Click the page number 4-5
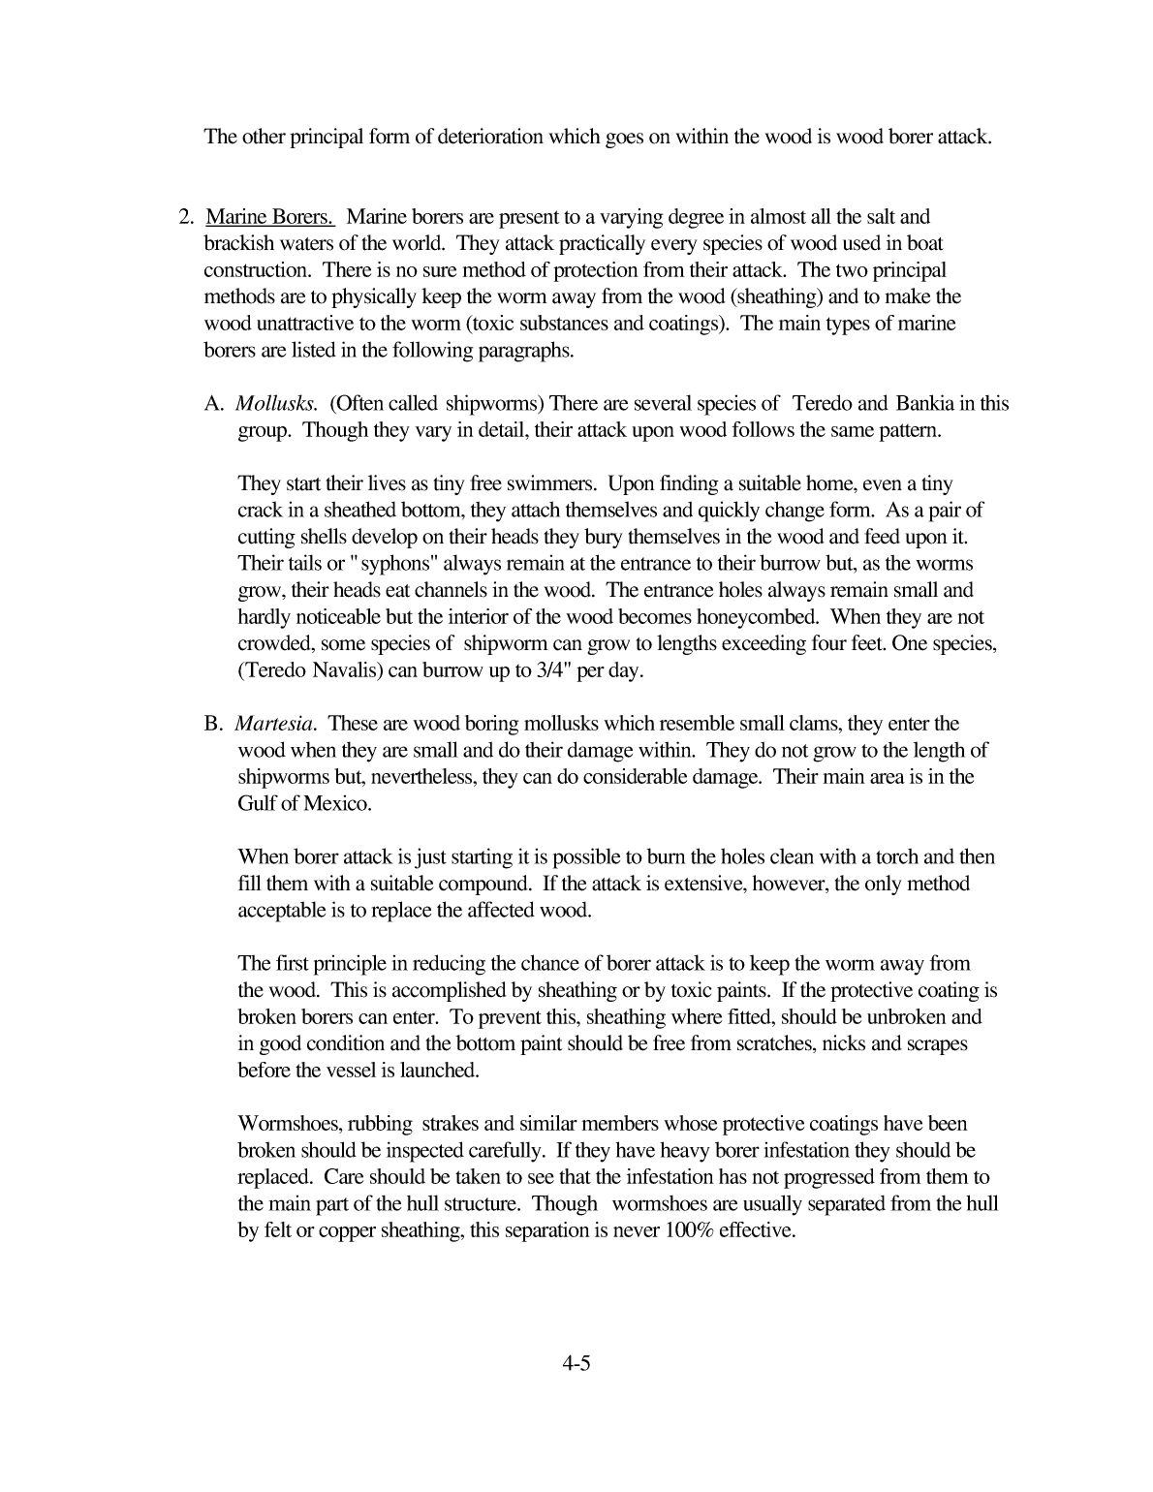pos(576,1364)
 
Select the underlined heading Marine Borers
pos(270,217)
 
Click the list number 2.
pos(187,217)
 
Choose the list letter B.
pos(213,724)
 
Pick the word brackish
pos(243,244)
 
